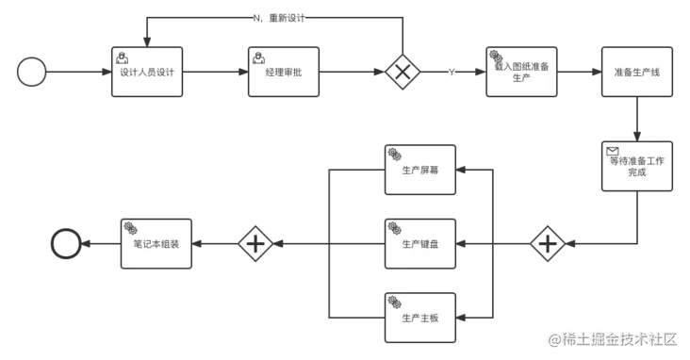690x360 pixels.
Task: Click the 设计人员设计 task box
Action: click(x=147, y=72)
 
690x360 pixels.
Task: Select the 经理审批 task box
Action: click(x=284, y=72)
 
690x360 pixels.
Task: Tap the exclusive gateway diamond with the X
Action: click(x=404, y=73)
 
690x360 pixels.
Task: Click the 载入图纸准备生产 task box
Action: click(x=521, y=72)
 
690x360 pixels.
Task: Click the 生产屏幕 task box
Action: click(x=420, y=171)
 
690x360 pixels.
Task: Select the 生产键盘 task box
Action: click(x=420, y=244)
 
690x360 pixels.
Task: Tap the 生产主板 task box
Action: click(x=420, y=318)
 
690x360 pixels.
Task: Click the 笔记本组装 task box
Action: click(x=156, y=244)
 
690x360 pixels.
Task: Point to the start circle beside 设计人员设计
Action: click(x=32, y=73)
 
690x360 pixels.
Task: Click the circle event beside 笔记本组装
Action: click(x=66, y=244)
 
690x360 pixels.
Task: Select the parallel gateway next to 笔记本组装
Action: click(x=255, y=244)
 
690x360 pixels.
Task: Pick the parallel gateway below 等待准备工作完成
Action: click(x=548, y=244)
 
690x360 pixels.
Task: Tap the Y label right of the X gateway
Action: click(x=452, y=73)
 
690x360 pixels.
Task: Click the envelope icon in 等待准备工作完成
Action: click(x=612, y=151)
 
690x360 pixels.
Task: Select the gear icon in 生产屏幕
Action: click(x=394, y=155)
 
